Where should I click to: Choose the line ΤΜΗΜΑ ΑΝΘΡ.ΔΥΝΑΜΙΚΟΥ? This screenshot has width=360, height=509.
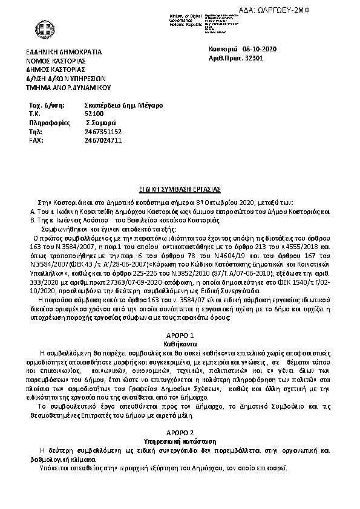(x=70, y=87)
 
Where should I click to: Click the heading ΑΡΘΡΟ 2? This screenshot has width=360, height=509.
(x=180, y=433)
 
